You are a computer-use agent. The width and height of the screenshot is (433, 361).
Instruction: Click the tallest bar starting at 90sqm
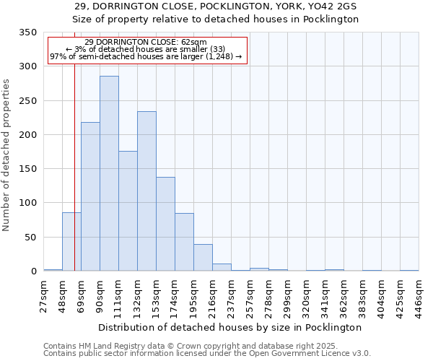tap(109, 173)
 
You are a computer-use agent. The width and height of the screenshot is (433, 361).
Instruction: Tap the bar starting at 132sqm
tap(146, 191)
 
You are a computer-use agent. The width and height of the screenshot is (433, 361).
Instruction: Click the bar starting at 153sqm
tap(165, 224)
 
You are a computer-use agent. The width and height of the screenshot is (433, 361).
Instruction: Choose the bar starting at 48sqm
tap(71, 242)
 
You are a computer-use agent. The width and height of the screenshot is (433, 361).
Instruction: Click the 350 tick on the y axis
tap(27, 32)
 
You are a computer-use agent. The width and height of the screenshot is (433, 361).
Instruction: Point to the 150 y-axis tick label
tap(27, 169)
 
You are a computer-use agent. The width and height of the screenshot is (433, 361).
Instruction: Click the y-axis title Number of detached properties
tap(7, 155)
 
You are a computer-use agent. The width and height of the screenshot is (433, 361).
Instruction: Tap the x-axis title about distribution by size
tap(231, 327)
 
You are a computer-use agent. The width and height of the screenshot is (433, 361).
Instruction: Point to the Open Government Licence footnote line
tap(207, 354)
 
